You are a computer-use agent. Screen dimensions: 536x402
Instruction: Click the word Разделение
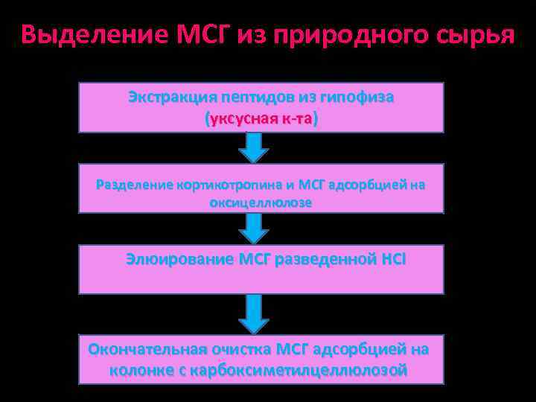point(135,185)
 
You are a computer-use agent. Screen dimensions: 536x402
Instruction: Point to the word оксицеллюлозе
point(261,202)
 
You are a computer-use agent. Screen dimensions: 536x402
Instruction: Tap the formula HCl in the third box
point(393,260)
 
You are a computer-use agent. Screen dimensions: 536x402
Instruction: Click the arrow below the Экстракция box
point(255,147)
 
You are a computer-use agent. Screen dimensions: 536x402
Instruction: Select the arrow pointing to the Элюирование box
point(255,229)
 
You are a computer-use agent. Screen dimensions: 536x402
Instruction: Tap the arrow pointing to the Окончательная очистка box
point(255,313)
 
